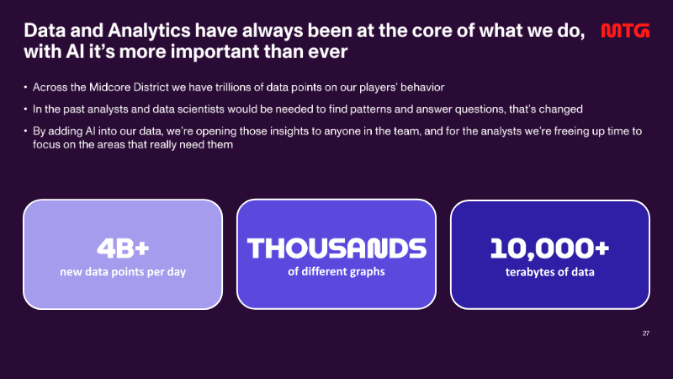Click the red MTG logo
[x=625, y=31]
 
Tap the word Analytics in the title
[x=149, y=31]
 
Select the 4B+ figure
[x=123, y=248]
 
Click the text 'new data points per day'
[x=123, y=272]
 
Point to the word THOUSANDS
[x=336, y=248]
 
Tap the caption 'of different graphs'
[x=336, y=271]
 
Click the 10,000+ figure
[x=550, y=248]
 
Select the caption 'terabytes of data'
[x=550, y=272]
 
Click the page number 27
[x=646, y=334]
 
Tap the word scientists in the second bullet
[x=201, y=109]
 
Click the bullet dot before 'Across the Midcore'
[x=26, y=88]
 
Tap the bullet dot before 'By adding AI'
[x=26, y=131]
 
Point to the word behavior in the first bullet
[x=422, y=88]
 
